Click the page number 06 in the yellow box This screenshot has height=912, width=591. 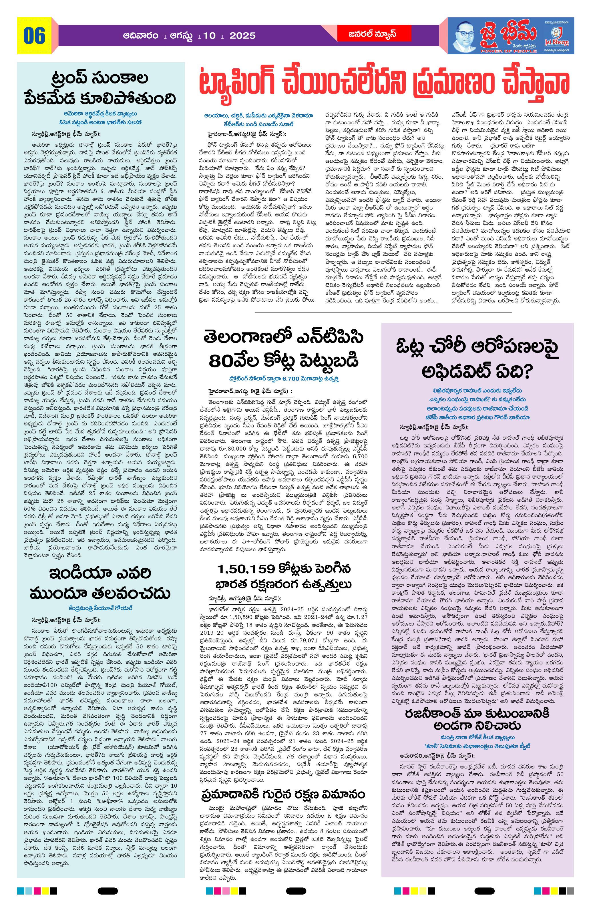[34, 36]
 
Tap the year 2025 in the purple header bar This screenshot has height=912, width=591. [243, 36]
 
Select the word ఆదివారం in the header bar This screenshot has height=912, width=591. [141, 36]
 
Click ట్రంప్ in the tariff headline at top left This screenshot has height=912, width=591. [72, 78]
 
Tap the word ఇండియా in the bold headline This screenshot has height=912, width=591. [73, 573]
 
